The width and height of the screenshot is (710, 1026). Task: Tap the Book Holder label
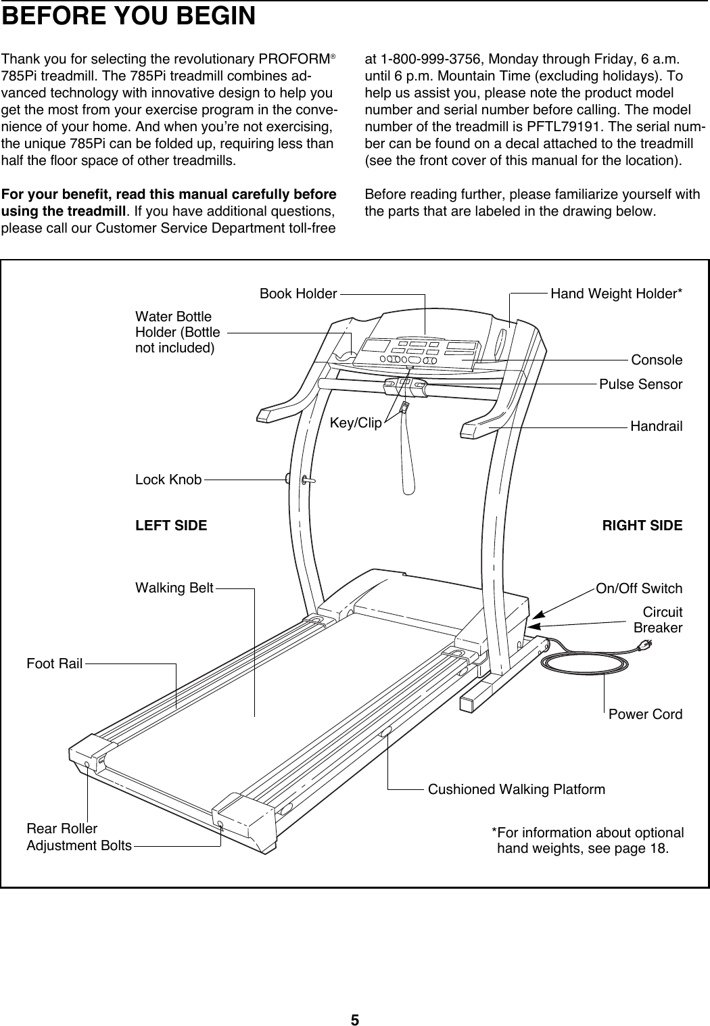(298, 294)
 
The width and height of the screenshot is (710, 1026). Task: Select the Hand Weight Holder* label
(616, 294)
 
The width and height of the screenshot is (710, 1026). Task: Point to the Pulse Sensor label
(640, 385)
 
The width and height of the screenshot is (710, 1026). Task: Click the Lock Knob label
(168, 480)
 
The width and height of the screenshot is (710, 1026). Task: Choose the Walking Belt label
(174, 588)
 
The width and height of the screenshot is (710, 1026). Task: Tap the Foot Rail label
(54, 663)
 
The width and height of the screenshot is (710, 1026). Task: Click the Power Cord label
(645, 714)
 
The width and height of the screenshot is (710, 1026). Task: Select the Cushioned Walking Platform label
(517, 789)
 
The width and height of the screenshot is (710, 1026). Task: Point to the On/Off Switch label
(638, 588)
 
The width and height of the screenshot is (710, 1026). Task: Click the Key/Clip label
(356, 423)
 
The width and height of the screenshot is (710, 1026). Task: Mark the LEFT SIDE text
(172, 526)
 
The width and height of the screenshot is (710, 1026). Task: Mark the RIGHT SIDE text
(642, 526)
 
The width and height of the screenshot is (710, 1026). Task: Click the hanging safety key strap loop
(408, 460)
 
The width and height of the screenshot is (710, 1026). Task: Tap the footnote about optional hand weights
(587, 840)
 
